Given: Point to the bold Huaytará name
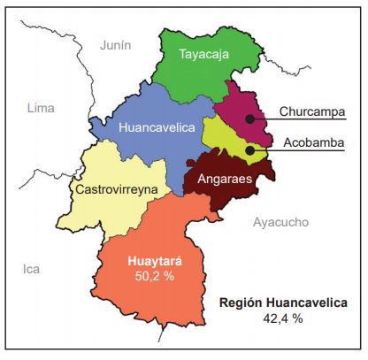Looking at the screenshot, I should coord(155,261).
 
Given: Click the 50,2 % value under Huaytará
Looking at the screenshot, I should coord(155,277).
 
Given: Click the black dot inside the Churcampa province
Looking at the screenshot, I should coord(250,118).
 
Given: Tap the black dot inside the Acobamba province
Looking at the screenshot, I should coord(250,149).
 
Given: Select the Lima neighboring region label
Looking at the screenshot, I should coord(41,107).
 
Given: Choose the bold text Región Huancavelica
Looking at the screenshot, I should coord(283,303).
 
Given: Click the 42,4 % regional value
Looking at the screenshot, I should coord(283,318).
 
